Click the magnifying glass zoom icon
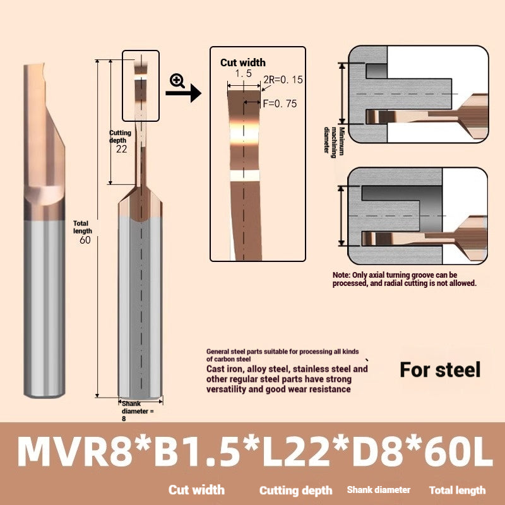coord(177,80)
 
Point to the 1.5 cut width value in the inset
coord(244,74)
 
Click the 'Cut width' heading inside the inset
coord(243,62)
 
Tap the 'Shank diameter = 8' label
coord(135,410)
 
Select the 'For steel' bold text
coord(440,369)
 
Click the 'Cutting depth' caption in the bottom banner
coord(295,490)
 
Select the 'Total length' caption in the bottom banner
coord(457,490)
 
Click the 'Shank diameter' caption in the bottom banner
coord(378,490)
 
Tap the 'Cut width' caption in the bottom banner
coord(196,490)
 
